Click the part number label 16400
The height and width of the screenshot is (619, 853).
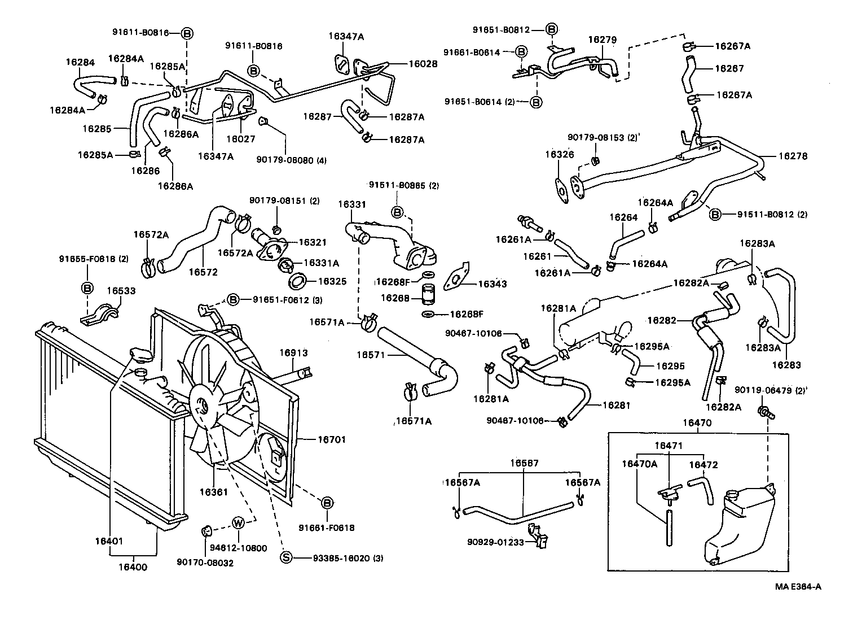click(133, 567)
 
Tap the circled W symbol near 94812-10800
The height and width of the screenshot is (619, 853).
click(238, 522)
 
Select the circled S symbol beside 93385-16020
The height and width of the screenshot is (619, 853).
click(287, 558)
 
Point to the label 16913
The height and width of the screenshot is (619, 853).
click(294, 353)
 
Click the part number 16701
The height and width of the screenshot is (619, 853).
click(331, 439)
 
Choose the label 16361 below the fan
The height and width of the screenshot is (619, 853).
click(214, 492)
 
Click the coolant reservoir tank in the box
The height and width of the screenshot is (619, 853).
click(739, 525)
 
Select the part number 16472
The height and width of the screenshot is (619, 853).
click(703, 465)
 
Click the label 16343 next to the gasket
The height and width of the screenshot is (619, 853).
click(492, 284)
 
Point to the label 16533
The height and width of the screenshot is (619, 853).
click(121, 291)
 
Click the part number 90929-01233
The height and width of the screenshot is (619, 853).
click(495, 542)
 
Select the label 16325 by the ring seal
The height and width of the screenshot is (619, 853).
click(332, 281)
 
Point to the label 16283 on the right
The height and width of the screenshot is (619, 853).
click(786, 365)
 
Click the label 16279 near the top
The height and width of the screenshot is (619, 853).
click(602, 40)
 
